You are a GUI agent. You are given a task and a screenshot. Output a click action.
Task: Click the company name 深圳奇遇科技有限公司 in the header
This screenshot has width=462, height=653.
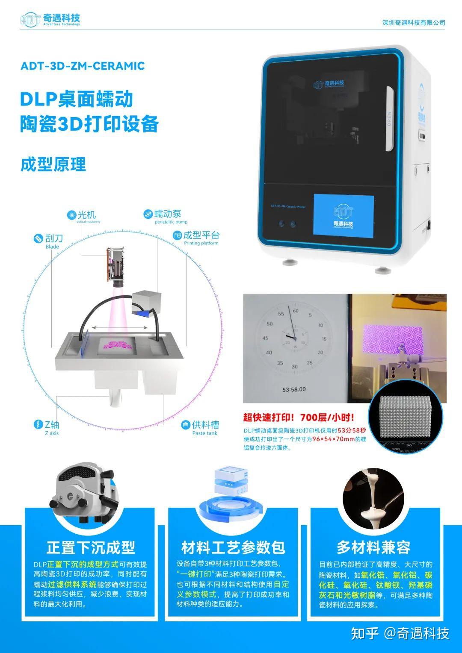click(x=413, y=23)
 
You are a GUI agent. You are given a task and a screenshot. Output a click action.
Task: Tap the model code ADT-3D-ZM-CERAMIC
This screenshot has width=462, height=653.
click(x=83, y=66)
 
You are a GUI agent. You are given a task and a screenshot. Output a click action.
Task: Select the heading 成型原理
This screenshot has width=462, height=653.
click(x=53, y=165)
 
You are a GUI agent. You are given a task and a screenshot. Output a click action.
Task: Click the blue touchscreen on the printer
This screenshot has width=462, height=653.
click(x=344, y=215)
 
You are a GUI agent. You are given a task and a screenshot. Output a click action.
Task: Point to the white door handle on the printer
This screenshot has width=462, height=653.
click(x=389, y=119)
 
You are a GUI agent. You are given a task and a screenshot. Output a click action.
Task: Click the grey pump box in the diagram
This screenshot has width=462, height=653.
click(x=146, y=298)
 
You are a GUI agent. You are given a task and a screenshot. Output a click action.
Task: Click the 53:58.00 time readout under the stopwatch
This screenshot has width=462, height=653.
click(x=294, y=389)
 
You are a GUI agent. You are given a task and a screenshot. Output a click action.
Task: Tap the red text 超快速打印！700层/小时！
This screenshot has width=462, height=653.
click(x=299, y=418)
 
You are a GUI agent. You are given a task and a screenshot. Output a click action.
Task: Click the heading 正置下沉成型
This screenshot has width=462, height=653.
click(x=91, y=547)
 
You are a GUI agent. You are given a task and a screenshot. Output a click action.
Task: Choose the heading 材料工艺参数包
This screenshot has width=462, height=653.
click(x=233, y=547)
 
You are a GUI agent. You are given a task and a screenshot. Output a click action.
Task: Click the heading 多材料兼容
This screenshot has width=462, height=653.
click(x=373, y=547)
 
